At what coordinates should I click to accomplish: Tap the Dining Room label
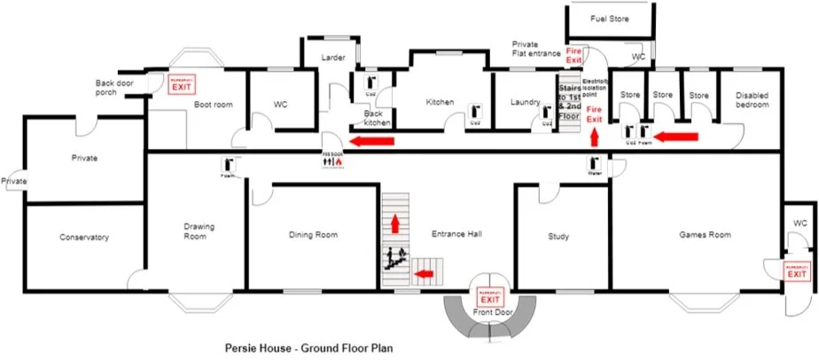pyautogui.click(x=314, y=235)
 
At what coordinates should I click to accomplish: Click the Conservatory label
pyautogui.click(x=83, y=238)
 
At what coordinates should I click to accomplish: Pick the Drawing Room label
pyautogui.click(x=194, y=231)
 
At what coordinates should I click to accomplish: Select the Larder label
pyautogui.click(x=333, y=59)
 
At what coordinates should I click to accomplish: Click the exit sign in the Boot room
pyautogui.click(x=181, y=84)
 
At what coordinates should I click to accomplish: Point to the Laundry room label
pyautogui.click(x=526, y=102)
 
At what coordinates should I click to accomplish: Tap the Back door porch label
pyautogui.click(x=117, y=87)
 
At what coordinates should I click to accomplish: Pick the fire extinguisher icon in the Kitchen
pyautogui.click(x=475, y=110)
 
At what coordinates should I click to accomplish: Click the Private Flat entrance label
pyautogui.click(x=536, y=48)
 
